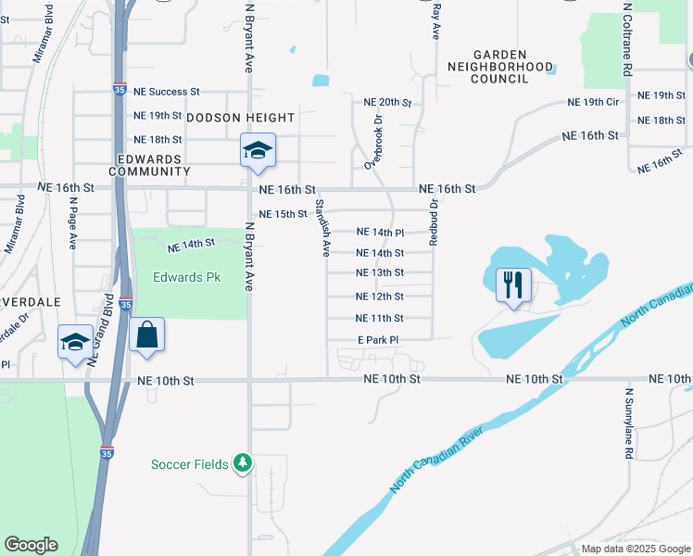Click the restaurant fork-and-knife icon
pos(513,283)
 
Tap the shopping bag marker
pos(147,335)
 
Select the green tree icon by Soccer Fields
pos(242,462)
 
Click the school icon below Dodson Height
pos(258,150)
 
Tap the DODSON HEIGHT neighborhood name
pos(241,118)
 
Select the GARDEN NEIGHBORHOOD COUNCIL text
pos(500,67)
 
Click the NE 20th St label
pos(387,102)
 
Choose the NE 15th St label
pos(283,214)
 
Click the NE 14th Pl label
pos(381,232)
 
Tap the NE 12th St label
pos(380,297)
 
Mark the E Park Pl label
pos(378,340)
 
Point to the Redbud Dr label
pos(433,221)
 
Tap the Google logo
pos(31,545)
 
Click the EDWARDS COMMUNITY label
pos(149,165)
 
